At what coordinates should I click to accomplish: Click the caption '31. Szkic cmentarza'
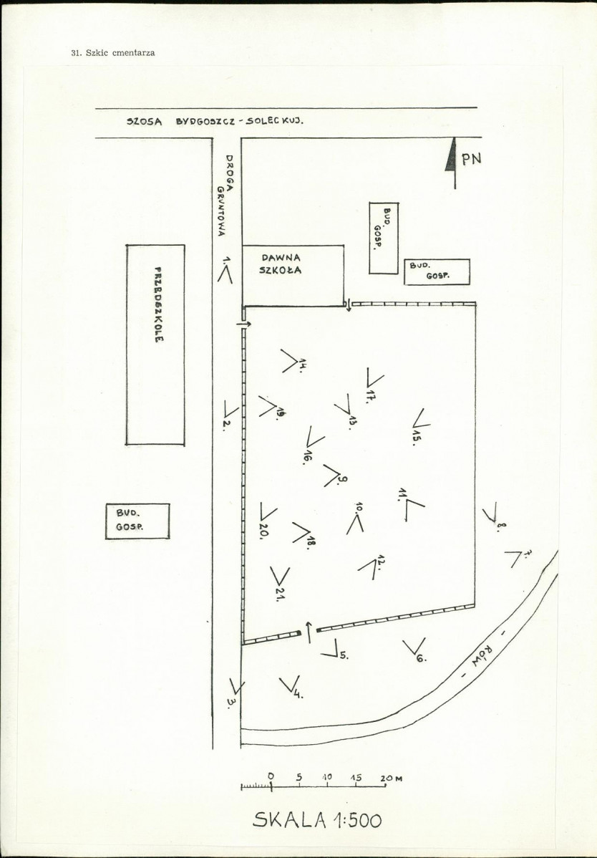pyautogui.click(x=113, y=53)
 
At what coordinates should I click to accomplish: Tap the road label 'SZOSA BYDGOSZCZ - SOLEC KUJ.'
pyautogui.click(x=215, y=122)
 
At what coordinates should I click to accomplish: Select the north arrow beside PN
pyautogui.click(x=452, y=163)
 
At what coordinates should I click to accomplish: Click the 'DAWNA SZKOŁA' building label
pyautogui.click(x=281, y=264)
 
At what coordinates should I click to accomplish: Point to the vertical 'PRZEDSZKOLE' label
pyautogui.click(x=158, y=304)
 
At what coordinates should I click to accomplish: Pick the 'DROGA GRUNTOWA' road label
pyautogui.click(x=225, y=196)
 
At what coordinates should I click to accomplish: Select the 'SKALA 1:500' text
pyautogui.click(x=318, y=820)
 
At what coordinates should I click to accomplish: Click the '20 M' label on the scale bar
pyautogui.click(x=392, y=778)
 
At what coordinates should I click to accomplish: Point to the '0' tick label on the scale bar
pyautogui.click(x=271, y=776)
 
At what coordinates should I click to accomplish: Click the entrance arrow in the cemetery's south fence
pyautogui.click(x=309, y=632)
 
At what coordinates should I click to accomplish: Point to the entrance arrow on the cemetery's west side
pyautogui.click(x=244, y=324)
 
